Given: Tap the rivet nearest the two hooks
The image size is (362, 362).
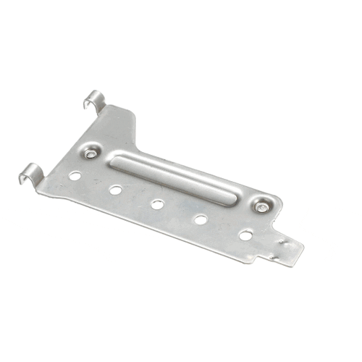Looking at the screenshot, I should click(90, 153).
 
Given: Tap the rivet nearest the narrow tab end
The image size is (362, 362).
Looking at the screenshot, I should click(260, 207).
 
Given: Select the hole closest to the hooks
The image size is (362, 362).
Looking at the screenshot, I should click(75, 175).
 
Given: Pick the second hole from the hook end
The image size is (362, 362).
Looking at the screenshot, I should click(115, 190).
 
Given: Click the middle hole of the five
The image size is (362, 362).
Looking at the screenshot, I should click(157, 204).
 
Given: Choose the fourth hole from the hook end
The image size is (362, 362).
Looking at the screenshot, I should click(201, 219).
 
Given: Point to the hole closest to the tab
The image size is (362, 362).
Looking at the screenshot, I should click(245, 235).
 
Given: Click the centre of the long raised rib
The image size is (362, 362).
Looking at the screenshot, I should click(174, 177).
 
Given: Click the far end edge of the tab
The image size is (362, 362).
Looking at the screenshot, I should click(301, 255).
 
